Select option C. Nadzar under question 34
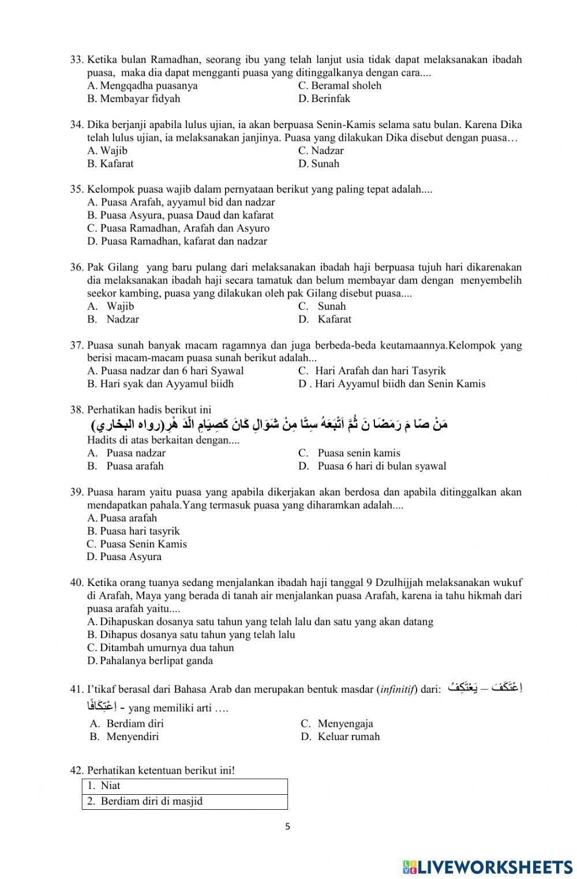[x=321, y=151]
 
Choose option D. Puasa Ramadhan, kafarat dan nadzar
[x=177, y=241]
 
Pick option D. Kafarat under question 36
[x=325, y=319]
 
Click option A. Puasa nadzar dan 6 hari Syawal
[x=166, y=370]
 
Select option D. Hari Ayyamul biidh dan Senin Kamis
[x=392, y=384]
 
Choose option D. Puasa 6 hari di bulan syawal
[x=372, y=466]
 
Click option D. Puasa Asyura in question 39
[x=124, y=557]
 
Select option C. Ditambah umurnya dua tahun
[x=160, y=648]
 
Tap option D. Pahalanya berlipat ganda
[x=150, y=660]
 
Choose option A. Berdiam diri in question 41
[x=127, y=723]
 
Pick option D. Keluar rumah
[x=340, y=737]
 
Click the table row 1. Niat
[x=184, y=786]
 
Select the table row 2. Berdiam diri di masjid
[x=184, y=801]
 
